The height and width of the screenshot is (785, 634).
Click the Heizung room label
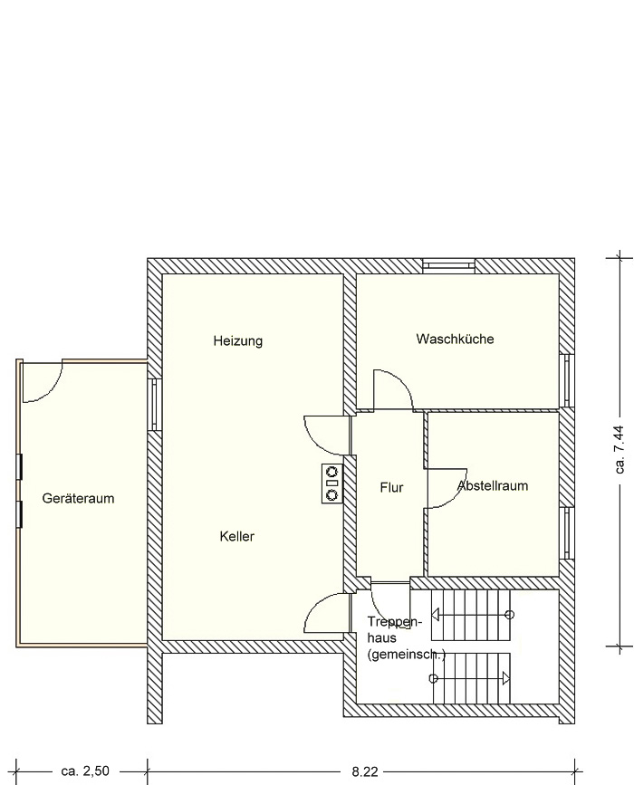238,341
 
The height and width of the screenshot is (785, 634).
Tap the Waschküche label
455,339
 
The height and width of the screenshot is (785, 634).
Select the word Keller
237,536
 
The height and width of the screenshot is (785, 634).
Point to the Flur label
391,487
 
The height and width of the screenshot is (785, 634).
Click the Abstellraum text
493,485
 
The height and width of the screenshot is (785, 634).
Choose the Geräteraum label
78,498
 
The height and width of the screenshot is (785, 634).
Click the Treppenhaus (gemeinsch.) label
406,638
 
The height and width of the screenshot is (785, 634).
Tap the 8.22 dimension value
364,771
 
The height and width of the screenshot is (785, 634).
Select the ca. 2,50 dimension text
85,771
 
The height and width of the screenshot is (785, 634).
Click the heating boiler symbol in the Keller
332,483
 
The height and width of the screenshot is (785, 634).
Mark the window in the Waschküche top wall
448,266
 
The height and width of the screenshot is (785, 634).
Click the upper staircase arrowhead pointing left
435,614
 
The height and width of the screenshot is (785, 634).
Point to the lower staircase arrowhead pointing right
505,678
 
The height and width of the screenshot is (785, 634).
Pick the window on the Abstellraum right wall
566,532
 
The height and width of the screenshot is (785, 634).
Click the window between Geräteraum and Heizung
154,405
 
